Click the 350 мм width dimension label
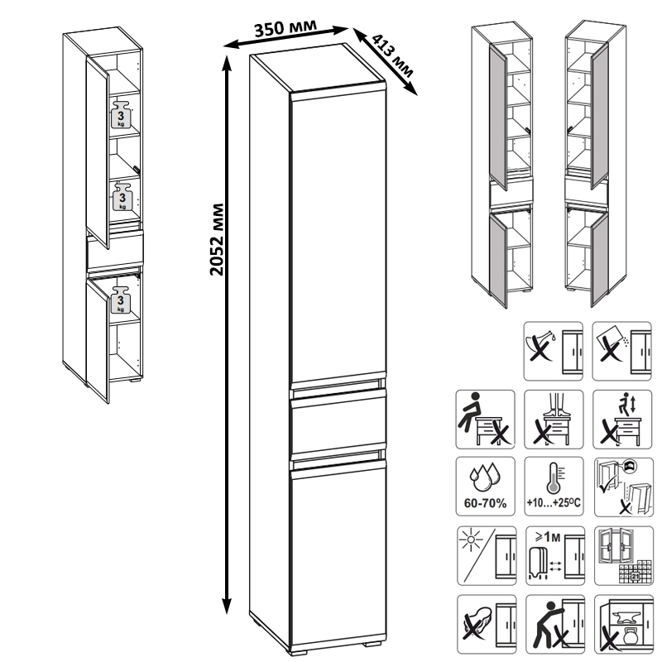[x=285, y=27]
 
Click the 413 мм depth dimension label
[x=392, y=55]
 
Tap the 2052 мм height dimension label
[x=217, y=239]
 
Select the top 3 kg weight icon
[x=121, y=114]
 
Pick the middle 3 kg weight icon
[x=122, y=197]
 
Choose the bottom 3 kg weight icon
[x=121, y=300]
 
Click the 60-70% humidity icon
[x=485, y=487]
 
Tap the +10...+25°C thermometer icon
[x=554, y=487]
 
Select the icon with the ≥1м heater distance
[x=555, y=555]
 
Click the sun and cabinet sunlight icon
[x=487, y=555]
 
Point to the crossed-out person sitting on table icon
[x=485, y=420]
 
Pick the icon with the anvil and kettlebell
[x=624, y=624]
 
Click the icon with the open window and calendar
[x=624, y=555]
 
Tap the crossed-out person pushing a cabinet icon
[x=555, y=624]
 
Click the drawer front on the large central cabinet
[x=338, y=425]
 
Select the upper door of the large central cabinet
[x=338, y=234]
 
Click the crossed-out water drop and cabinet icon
[x=553, y=351]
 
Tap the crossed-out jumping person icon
[x=622, y=420]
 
